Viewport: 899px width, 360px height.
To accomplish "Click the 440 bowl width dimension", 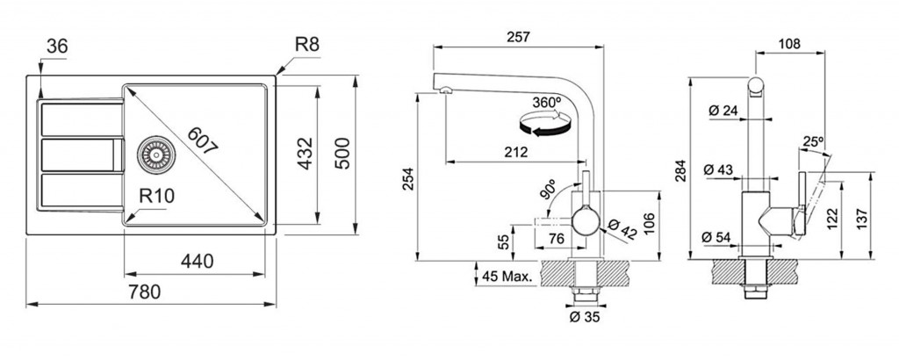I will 198,262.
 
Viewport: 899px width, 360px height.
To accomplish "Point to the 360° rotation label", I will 547,102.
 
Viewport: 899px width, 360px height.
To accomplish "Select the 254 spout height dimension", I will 406,179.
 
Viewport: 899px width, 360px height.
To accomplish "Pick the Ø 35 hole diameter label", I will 584,318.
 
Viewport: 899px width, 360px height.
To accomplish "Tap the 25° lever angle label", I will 812,141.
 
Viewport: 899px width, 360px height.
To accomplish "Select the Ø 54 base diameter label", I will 719,235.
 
